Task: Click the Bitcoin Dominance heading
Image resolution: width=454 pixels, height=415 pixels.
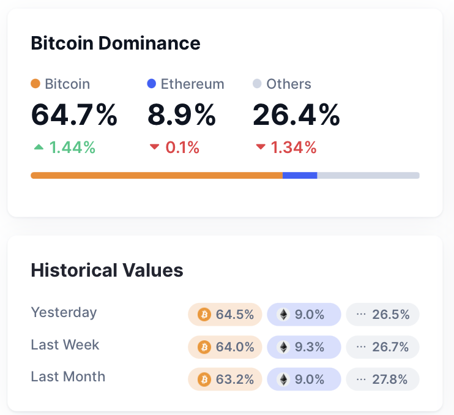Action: (116, 43)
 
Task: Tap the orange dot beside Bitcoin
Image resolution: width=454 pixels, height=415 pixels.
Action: (35, 84)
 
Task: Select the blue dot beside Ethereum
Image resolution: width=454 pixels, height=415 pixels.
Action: (152, 84)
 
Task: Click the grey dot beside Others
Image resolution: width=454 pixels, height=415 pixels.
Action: (257, 84)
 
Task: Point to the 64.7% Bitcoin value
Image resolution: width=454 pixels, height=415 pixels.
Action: (74, 115)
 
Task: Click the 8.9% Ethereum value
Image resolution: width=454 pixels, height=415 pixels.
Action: (182, 115)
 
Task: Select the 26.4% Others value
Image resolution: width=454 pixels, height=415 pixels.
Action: (296, 115)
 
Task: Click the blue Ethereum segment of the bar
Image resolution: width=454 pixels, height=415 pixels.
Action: (300, 176)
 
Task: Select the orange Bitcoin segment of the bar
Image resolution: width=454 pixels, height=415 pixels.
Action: (157, 176)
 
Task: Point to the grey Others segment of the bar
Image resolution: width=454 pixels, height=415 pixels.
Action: (368, 176)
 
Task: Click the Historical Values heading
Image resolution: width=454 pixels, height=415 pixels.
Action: (107, 270)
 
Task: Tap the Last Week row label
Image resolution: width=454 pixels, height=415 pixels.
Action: (65, 345)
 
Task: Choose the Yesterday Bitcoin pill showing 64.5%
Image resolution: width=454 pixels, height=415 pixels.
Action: (225, 315)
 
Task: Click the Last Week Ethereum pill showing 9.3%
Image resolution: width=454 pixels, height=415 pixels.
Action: (304, 347)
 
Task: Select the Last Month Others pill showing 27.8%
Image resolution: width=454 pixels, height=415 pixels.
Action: (383, 379)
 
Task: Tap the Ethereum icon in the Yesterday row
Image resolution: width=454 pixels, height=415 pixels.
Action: (283, 315)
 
